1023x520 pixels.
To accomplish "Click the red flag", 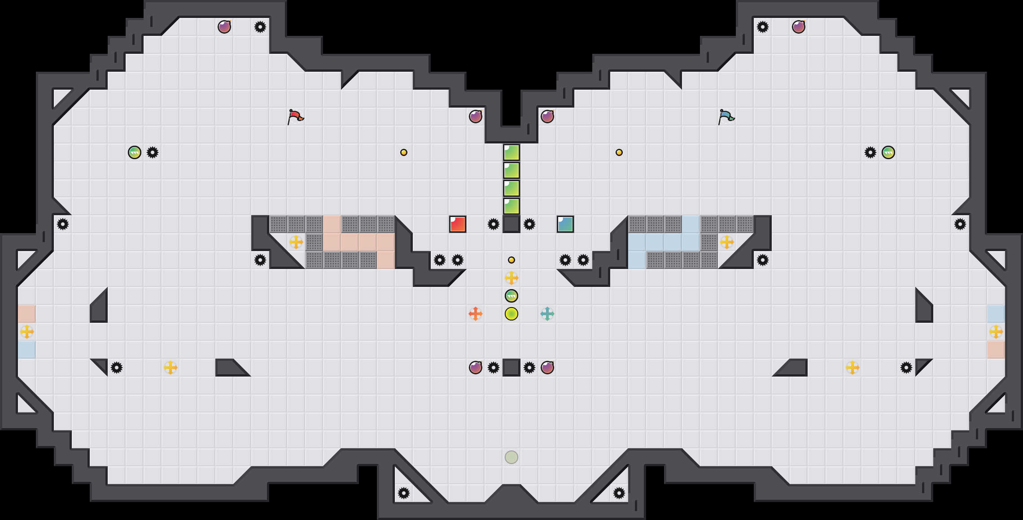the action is pyautogui.click(x=295, y=117).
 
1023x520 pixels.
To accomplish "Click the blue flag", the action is pyautogui.click(x=726, y=117).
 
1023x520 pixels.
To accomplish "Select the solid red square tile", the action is pyautogui.click(x=458, y=224).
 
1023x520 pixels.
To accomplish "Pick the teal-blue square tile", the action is pyautogui.click(x=565, y=224).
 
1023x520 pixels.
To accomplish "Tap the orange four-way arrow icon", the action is pyautogui.click(x=476, y=314).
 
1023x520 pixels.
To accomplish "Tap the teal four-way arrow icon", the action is pyautogui.click(x=547, y=314).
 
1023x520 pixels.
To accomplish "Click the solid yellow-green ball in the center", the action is pyautogui.click(x=511, y=314).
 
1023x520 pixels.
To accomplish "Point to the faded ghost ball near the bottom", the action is pyautogui.click(x=511, y=457).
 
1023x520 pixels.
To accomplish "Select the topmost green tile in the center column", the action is pyautogui.click(x=511, y=152).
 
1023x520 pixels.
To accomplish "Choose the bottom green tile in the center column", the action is pyautogui.click(x=511, y=206).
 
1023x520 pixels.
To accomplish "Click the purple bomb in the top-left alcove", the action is pyautogui.click(x=224, y=27).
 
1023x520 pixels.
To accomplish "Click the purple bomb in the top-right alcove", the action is pyautogui.click(x=799, y=27).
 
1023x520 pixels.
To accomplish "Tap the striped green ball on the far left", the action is pyautogui.click(x=135, y=152).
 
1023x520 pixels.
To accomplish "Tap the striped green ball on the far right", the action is pyautogui.click(x=888, y=152).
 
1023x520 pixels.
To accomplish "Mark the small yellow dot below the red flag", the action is pyautogui.click(x=404, y=152).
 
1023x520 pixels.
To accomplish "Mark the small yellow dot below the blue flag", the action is pyautogui.click(x=619, y=152).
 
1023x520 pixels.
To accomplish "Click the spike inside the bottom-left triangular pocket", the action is pyautogui.click(x=404, y=493).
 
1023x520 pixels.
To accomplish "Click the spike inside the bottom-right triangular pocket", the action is pyautogui.click(x=619, y=493).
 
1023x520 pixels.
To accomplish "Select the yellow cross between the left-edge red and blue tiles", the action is pyautogui.click(x=27, y=332).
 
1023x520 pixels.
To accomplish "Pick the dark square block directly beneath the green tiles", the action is pyautogui.click(x=511, y=224).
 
